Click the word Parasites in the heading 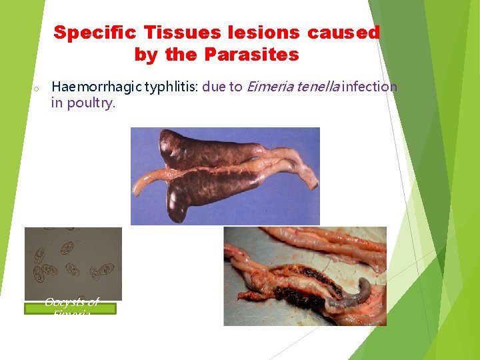pos(252,55)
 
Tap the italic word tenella pos(318,87)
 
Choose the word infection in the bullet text pos(370,87)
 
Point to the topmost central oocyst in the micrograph pos(67,247)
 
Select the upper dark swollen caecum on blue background pos(187,149)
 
